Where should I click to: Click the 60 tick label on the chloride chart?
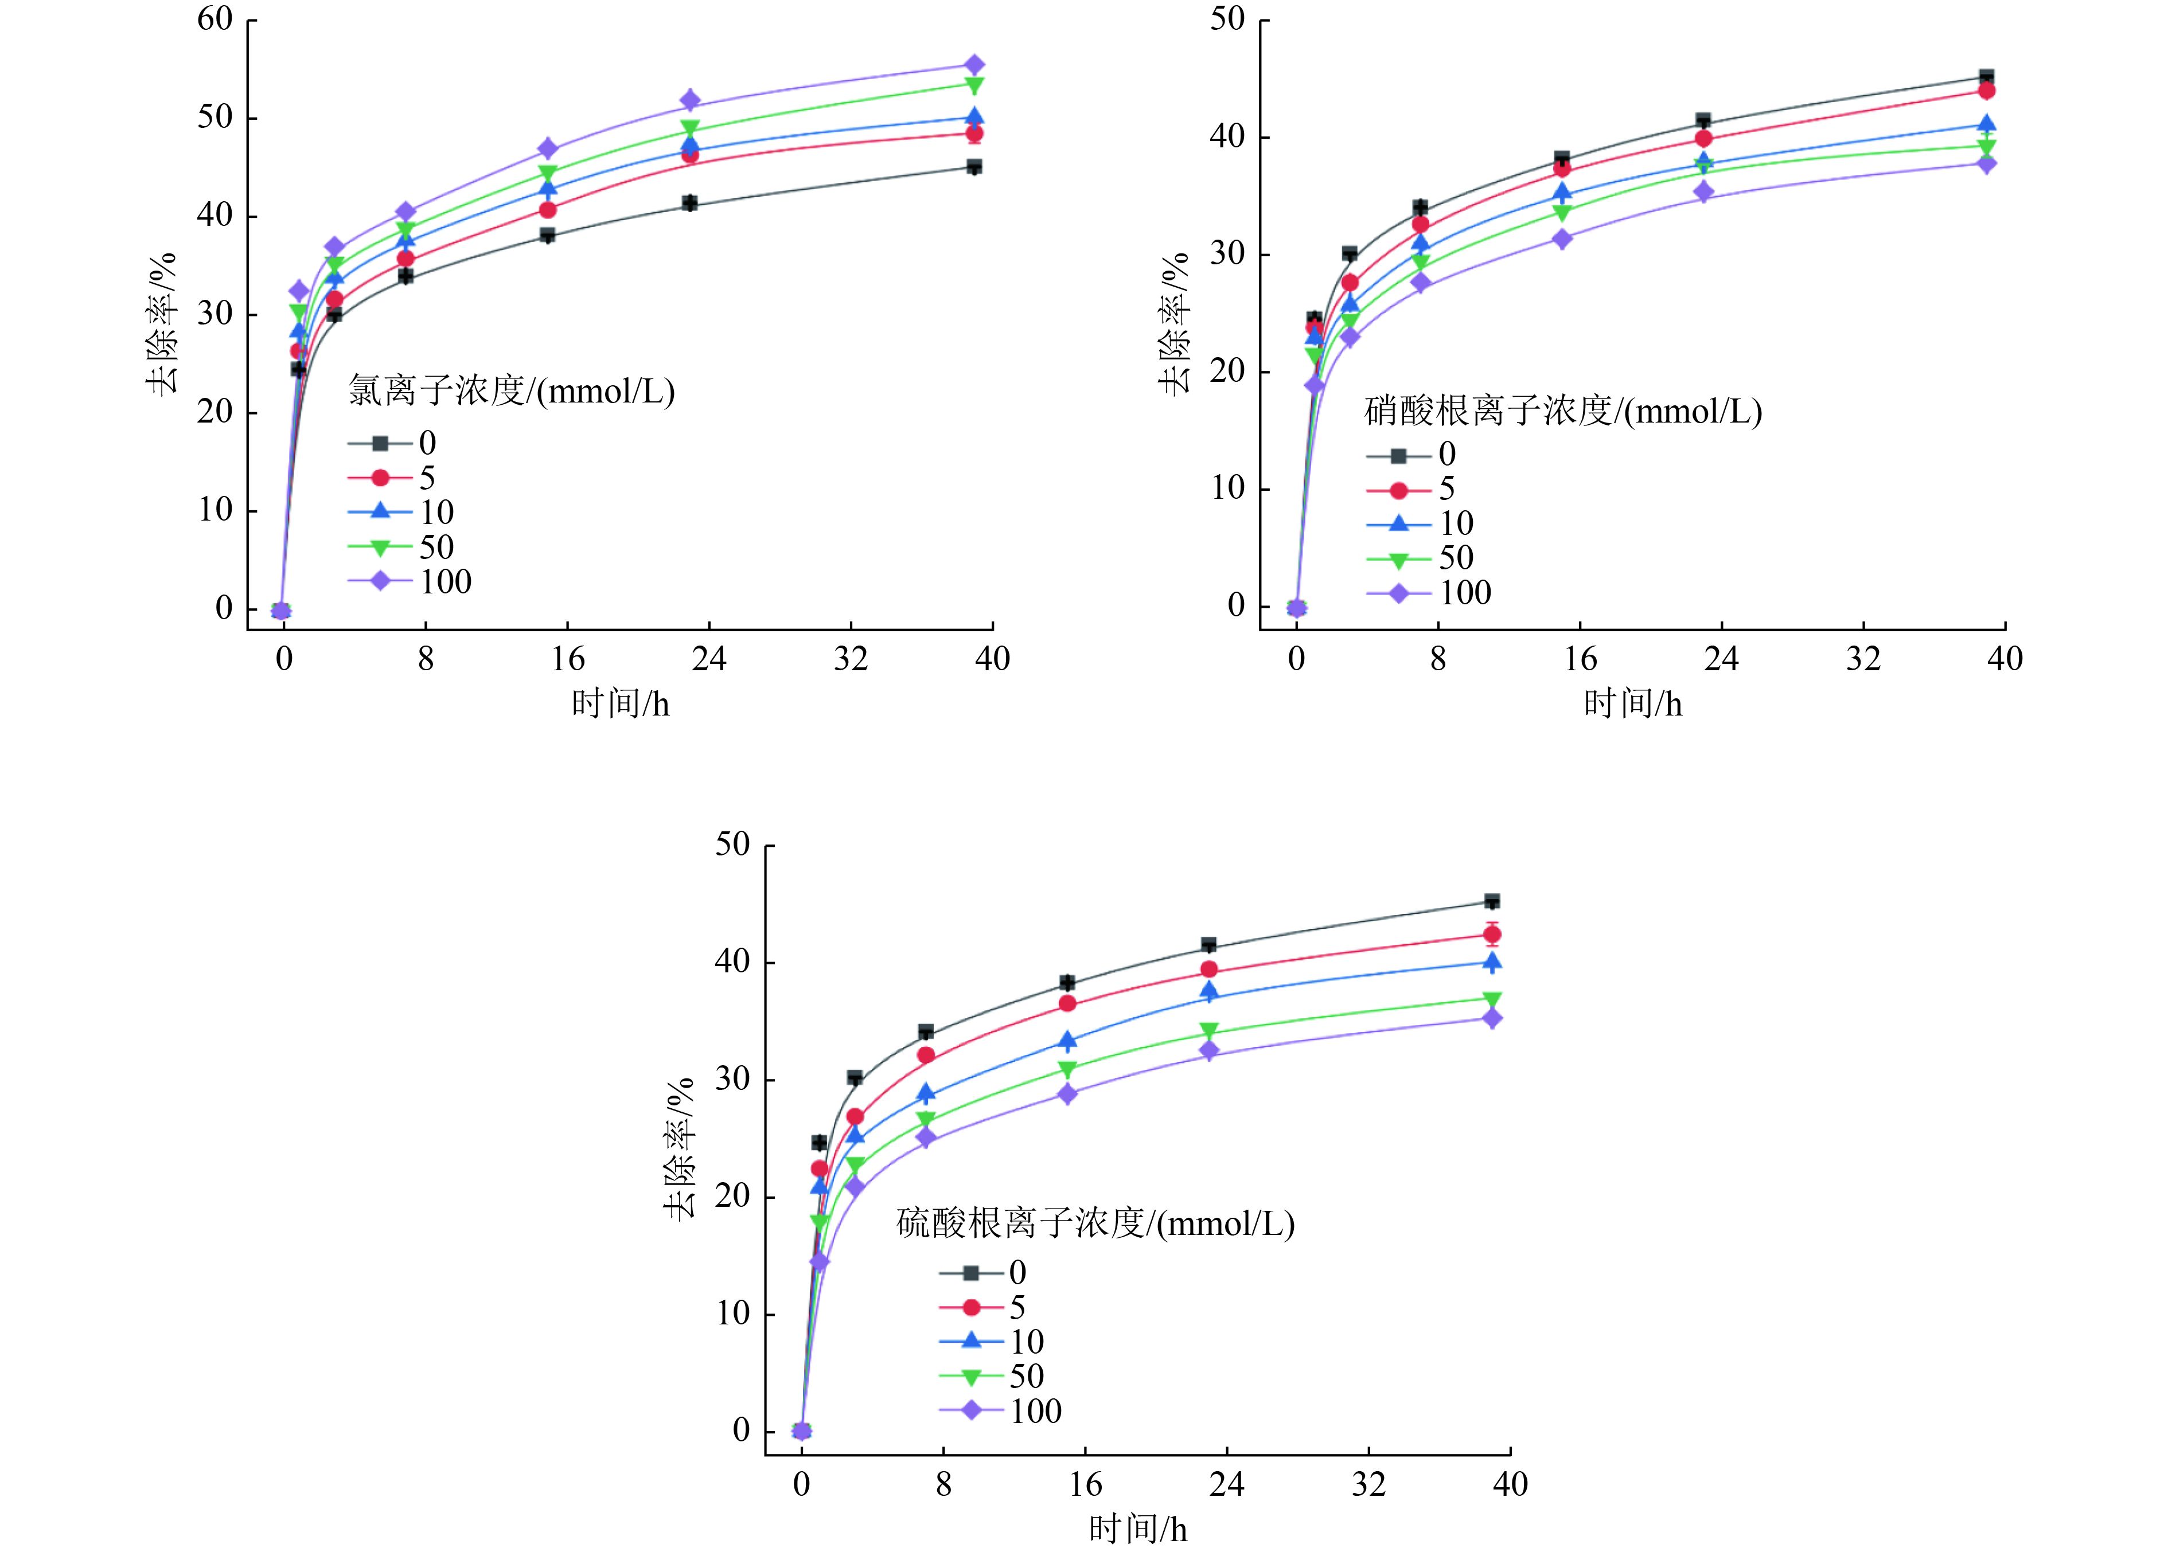(215, 19)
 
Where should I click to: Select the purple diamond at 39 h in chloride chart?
(974, 65)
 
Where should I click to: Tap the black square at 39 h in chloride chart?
(974, 167)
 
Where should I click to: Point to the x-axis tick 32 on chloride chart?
(851, 658)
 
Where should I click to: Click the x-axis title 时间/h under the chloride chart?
(621, 704)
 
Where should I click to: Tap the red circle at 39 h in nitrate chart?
(1986, 91)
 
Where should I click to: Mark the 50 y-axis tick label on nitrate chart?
(1227, 19)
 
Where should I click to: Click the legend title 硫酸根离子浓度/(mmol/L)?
(1095, 1223)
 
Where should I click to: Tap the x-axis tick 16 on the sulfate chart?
(1085, 1484)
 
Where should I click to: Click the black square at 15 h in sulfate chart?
(1067, 983)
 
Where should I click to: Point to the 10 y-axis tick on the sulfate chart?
(733, 1313)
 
